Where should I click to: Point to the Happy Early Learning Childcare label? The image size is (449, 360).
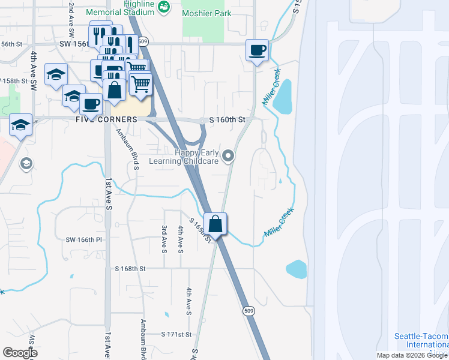[x=196, y=157]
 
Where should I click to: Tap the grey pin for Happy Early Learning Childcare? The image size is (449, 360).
[x=228, y=157]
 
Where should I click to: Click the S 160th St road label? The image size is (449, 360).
[x=228, y=120]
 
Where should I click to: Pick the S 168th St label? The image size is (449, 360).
[x=131, y=269]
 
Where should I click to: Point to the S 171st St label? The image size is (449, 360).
[x=176, y=334]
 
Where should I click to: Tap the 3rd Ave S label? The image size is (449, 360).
[x=164, y=239]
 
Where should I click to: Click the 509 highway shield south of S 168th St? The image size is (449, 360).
[x=249, y=310]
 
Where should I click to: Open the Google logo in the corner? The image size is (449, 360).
[x=19, y=353]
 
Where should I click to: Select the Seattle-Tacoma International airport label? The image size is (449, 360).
[x=421, y=341]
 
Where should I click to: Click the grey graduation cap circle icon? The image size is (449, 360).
[x=26, y=163]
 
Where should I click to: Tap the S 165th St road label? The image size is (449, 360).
[x=200, y=230]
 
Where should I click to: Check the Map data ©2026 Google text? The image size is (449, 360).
[x=412, y=355]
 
